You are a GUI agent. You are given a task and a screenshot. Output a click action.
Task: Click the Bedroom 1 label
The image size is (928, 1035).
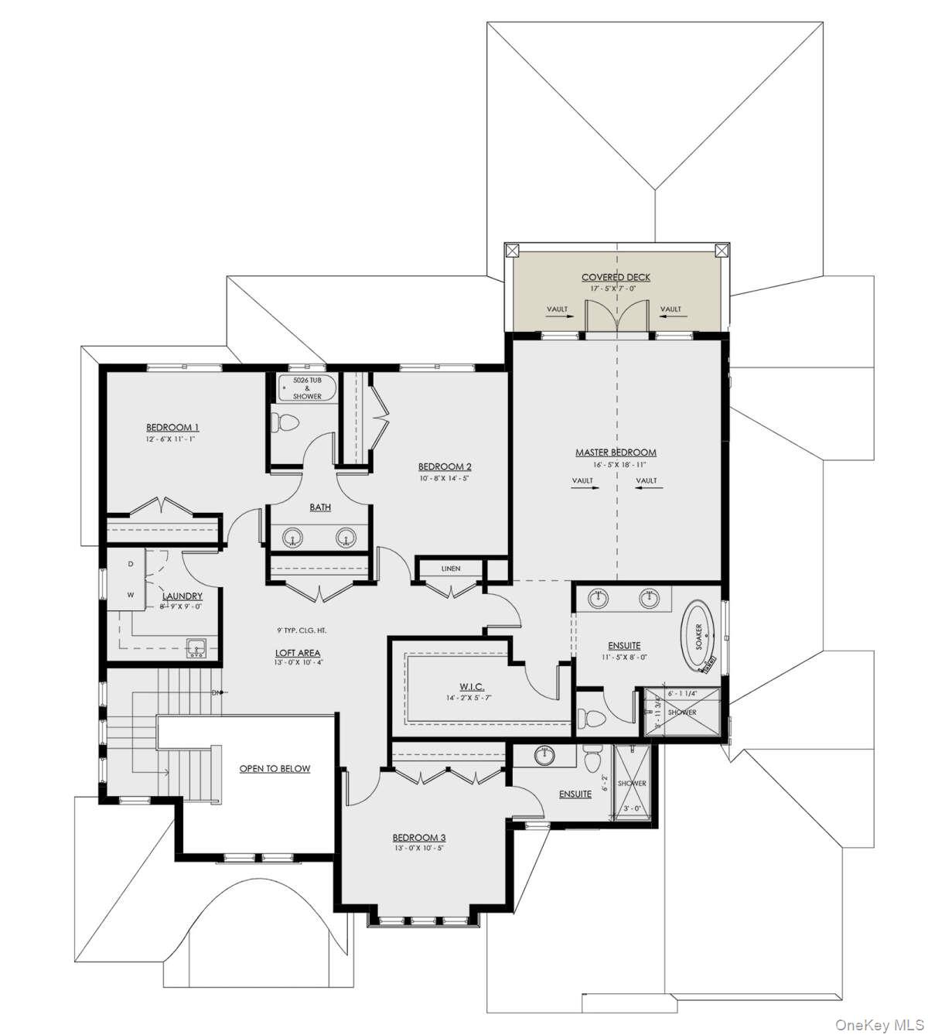[x=172, y=427]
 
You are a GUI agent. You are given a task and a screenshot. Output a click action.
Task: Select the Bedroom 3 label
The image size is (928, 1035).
[x=418, y=838]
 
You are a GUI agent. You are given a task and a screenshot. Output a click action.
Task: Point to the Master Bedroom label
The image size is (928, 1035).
[x=616, y=453]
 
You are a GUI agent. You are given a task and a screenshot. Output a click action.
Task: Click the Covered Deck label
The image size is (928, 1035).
[x=616, y=277]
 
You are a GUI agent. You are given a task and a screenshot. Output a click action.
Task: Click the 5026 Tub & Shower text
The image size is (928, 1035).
[x=307, y=388]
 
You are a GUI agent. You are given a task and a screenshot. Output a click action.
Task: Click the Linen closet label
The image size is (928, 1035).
[x=451, y=569]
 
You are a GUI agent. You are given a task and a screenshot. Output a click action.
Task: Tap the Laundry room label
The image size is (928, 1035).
[x=183, y=596]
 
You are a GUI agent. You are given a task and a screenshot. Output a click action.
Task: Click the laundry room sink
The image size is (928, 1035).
[x=196, y=647]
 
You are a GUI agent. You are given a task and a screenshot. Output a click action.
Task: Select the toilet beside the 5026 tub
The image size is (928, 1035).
[x=285, y=424]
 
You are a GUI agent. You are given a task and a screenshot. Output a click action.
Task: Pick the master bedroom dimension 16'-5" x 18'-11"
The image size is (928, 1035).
[x=616, y=466]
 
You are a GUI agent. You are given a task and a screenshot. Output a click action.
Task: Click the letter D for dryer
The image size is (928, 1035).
[x=131, y=564]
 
